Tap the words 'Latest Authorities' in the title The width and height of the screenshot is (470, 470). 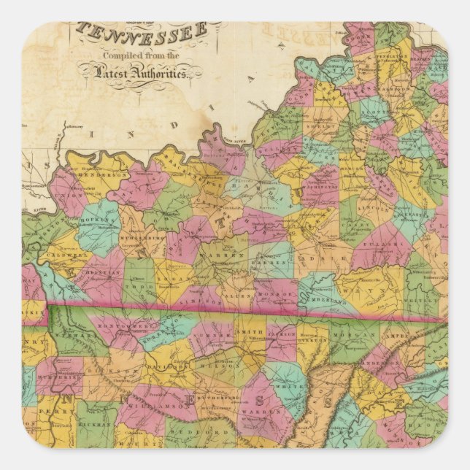tap(142, 72)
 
